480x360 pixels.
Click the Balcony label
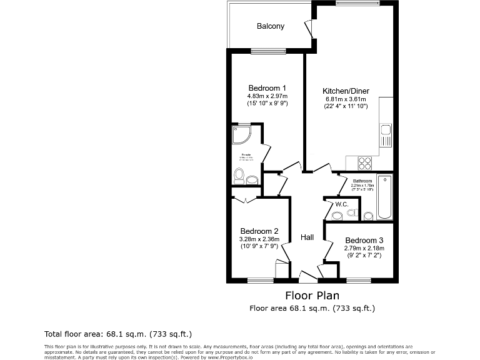pyautogui.click(x=270, y=26)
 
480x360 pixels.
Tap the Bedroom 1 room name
pyautogui.click(x=267, y=87)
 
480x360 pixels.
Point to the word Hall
pyautogui.click(x=307, y=237)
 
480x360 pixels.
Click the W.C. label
pyautogui.click(x=341, y=204)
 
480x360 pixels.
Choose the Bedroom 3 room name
pyautogui.click(x=364, y=241)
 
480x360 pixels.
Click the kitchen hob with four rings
pyautogui.click(x=364, y=162)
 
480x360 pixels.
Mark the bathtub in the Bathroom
pyautogui.click(x=385, y=197)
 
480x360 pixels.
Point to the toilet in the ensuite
pyautogui.click(x=238, y=176)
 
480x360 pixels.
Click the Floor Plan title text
pyautogui.click(x=312, y=295)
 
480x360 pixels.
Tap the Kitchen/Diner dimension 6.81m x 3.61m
pyautogui.click(x=346, y=99)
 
